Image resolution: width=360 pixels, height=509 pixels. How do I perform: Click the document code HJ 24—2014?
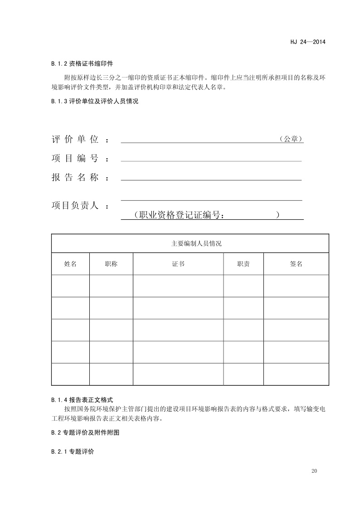pyautogui.click(x=308, y=42)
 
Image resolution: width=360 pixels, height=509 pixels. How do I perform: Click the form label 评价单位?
pyautogui.click(x=75, y=140)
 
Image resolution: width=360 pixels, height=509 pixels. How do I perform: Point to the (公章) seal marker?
pyautogui.click(x=290, y=140)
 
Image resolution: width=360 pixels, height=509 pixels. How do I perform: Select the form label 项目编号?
pyautogui.click(x=75, y=159)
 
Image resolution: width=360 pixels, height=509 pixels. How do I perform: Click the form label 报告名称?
pyautogui.click(x=75, y=178)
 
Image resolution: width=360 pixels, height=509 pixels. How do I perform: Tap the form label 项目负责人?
pyautogui.click(x=75, y=205)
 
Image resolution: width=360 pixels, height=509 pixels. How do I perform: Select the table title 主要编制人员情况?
pyautogui.click(x=190, y=243)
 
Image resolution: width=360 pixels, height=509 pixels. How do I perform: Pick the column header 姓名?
pyautogui.click(x=70, y=264)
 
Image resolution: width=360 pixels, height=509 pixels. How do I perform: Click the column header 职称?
pyautogui.click(x=111, y=264)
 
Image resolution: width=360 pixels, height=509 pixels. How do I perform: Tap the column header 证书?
pyautogui.click(x=178, y=264)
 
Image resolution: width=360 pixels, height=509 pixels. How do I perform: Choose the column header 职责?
pyautogui.click(x=243, y=264)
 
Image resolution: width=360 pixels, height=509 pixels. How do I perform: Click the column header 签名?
pyautogui.click(x=296, y=264)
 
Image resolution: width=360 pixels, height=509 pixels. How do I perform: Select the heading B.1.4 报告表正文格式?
pyautogui.click(x=82, y=400)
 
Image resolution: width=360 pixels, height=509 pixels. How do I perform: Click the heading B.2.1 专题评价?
pyautogui.click(x=73, y=452)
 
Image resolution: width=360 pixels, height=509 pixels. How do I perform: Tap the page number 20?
pyautogui.click(x=314, y=471)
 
